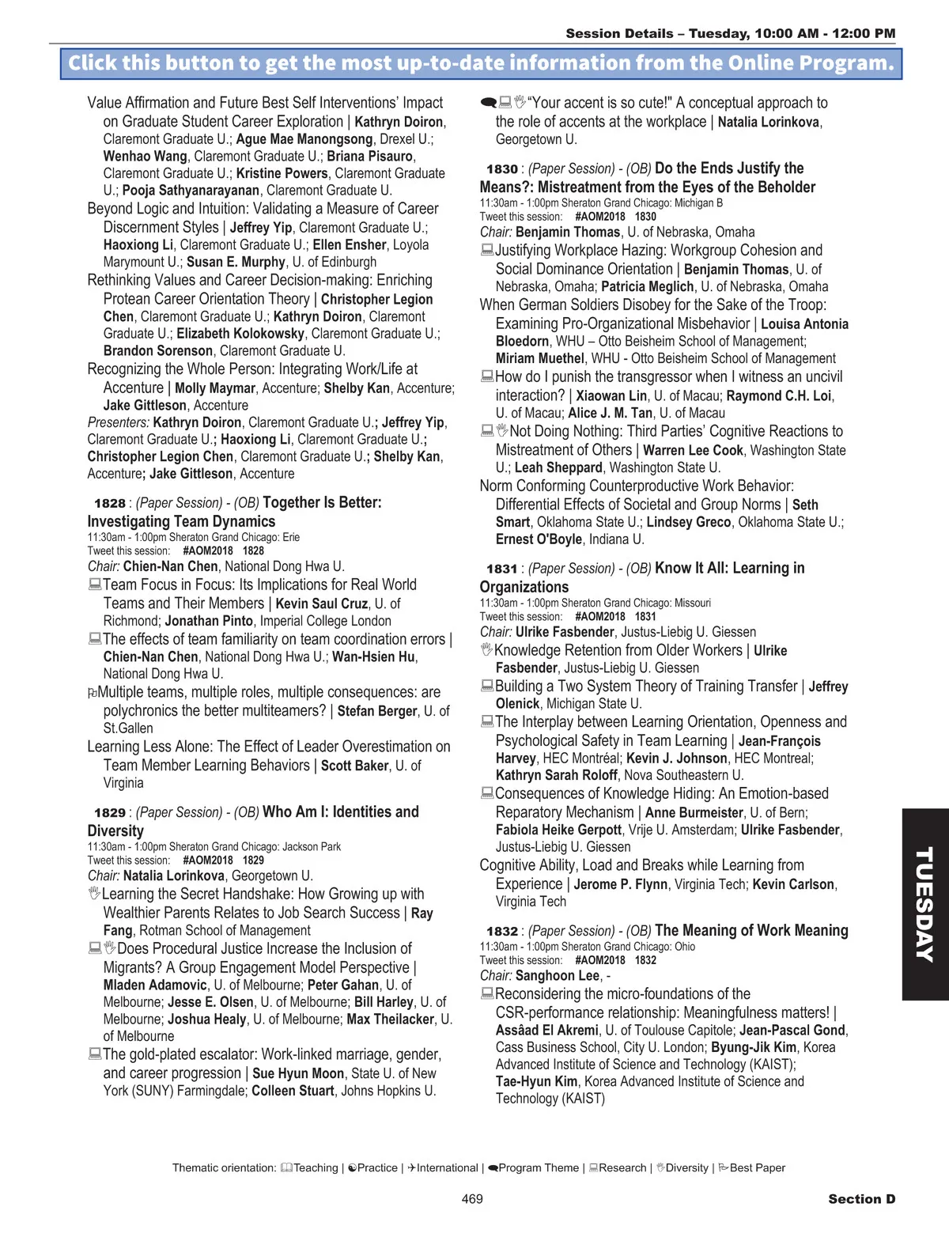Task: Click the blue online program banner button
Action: point(481,63)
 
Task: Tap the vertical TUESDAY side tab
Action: point(924,903)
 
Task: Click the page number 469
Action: point(472,1199)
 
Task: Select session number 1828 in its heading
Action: point(110,503)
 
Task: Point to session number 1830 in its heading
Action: point(502,168)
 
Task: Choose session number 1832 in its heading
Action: point(502,931)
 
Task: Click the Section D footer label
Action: point(861,1199)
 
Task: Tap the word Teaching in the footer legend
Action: point(316,1167)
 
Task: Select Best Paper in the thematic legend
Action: point(757,1167)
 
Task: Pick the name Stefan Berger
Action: point(377,711)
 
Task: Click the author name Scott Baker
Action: point(354,766)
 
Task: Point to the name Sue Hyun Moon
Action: point(298,1073)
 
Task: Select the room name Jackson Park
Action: point(312,846)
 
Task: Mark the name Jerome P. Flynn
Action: point(621,884)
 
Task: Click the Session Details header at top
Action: point(731,33)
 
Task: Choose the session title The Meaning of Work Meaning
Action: point(751,930)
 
